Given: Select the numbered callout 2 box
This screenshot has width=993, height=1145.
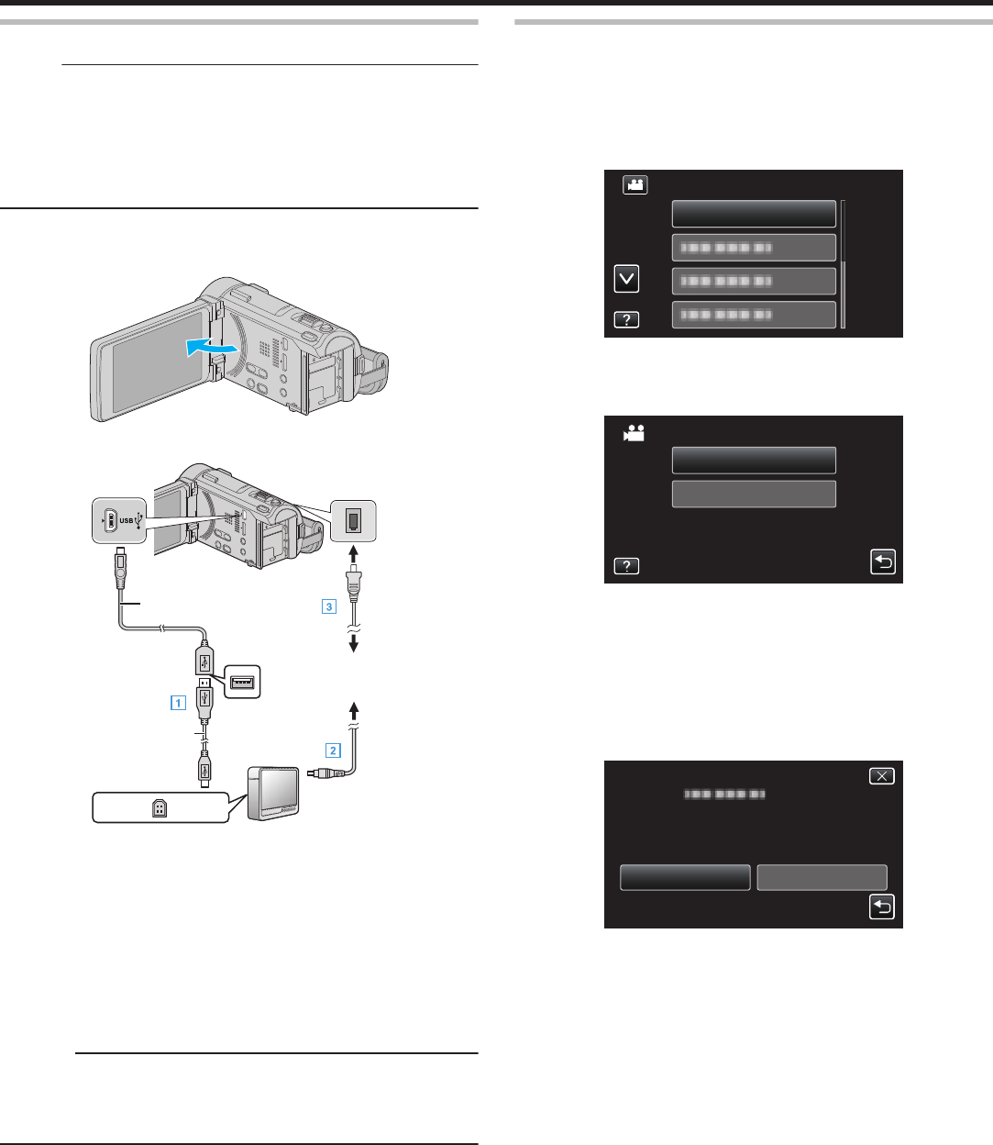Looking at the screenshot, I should [x=334, y=750].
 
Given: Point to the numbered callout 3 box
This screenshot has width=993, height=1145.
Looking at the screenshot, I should [x=328, y=606].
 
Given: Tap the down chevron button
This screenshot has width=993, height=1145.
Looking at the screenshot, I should [x=626, y=279].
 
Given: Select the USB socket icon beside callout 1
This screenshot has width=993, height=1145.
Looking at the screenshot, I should [x=243, y=682].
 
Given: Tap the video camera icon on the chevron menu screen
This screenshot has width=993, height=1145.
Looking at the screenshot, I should [x=635, y=184].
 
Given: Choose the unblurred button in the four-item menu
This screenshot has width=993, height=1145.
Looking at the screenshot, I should [x=754, y=214].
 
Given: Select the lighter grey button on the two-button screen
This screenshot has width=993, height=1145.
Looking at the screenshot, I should [x=754, y=495].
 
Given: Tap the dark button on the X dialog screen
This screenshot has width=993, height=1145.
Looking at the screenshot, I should [x=685, y=877].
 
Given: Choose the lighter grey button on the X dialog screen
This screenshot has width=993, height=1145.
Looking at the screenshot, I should [x=822, y=877].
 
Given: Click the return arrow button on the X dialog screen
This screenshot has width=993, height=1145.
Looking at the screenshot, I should [x=881, y=907].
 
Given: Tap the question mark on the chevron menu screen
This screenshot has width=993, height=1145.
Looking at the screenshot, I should [x=626, y=319].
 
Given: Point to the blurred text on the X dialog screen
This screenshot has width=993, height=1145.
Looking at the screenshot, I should [x=726, y=795].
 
